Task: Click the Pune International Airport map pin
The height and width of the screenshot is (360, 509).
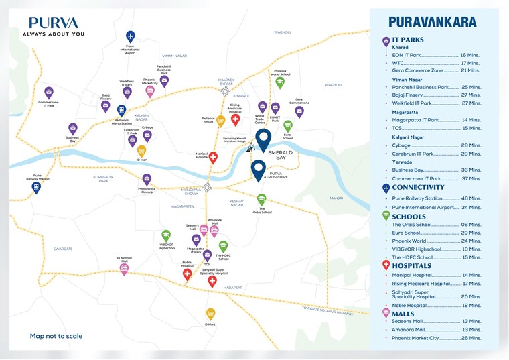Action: (130, 36)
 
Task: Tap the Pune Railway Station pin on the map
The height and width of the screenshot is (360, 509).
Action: (36, 188)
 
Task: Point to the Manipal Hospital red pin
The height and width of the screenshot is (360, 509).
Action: (213, 158)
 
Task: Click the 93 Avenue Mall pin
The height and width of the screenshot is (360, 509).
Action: (124, 269)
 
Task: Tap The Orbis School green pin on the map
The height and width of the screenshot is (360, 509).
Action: (261, 199)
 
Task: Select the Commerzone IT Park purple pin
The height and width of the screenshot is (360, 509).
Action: (48, 93)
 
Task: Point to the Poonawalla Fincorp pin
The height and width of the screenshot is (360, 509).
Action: (147, 180)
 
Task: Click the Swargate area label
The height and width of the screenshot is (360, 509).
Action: (63, 248)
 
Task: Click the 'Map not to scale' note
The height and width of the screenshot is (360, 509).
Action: (56, 336)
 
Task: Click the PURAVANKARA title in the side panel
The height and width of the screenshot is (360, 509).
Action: (433, 21)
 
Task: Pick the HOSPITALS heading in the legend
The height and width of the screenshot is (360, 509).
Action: (412, 266)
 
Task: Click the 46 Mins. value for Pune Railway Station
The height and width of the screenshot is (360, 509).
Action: (471, 199)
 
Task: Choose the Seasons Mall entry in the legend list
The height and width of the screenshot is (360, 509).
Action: (409, 321)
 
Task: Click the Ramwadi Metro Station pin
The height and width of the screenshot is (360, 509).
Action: (121, 110)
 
